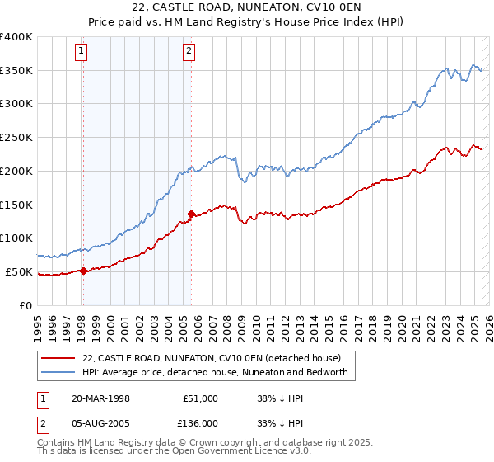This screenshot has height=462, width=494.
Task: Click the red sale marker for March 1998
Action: coord(83,271)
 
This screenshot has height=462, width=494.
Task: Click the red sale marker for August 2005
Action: coord(191,214)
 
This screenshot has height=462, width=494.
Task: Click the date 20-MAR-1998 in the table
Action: coord(100,398)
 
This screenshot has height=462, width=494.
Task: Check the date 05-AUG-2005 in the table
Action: coord(101,423)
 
